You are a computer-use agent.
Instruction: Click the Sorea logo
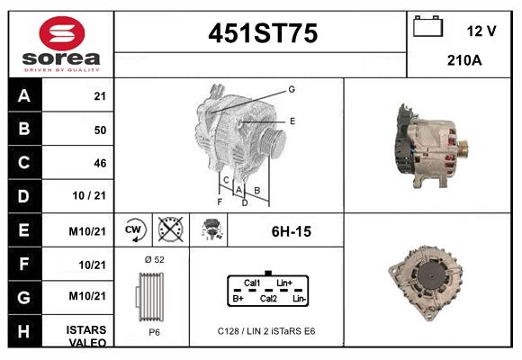point(61,44)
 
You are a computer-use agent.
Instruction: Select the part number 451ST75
point(263,33)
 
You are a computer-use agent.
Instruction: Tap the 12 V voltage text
point(481,31)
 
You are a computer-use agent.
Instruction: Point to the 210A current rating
point(465,61)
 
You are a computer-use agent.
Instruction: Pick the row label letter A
point(24,96)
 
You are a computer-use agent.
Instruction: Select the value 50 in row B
point(100,130)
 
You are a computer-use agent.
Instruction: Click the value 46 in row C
point(100,163)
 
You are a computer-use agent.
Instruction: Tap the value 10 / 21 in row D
point(94,196)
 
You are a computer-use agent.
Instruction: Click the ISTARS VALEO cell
point(87,336)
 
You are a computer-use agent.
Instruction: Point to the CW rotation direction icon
point(134,229)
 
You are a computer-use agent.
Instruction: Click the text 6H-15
point(291,231)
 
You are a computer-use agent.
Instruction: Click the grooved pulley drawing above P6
point(151,295)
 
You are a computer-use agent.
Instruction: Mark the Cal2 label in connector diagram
point(268,297)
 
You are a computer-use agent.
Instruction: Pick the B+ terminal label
point(238,297)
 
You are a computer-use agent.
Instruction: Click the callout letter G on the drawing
point(292,89)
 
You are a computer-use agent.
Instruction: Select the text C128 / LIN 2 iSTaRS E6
point(266,331)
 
